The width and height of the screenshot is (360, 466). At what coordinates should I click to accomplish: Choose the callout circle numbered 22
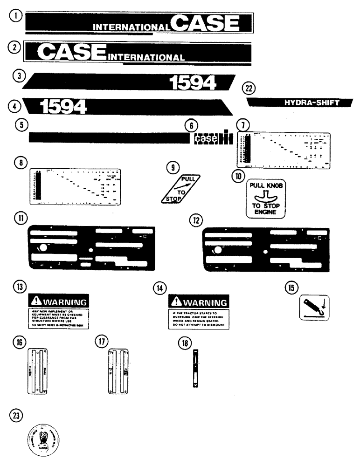(x=249, y=88)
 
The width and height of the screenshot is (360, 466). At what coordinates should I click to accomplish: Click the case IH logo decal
(x=213, y=138)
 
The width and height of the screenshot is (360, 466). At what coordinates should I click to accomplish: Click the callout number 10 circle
(x=239, y=177)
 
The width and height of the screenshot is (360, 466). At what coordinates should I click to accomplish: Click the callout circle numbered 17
(x=101, y=342)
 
